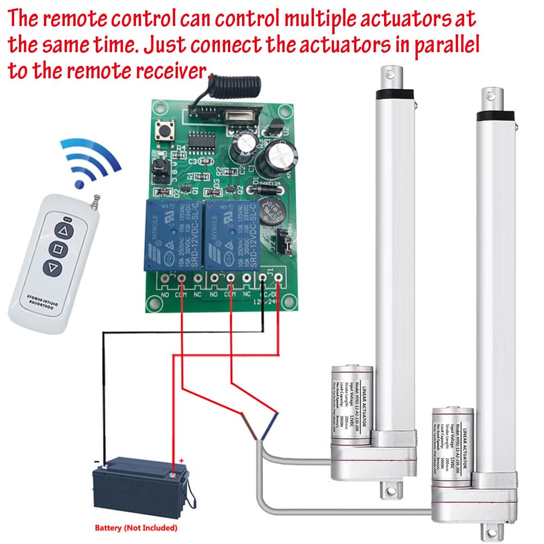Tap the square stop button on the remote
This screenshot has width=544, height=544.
pyautogui.click(x=59, y=250)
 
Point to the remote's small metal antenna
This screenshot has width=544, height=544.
pyautogui.click(x=96, y=202)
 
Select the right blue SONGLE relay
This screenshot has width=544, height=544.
pyautogui.click(x=231, y=234)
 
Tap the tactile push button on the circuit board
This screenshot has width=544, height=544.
pyautogui.click(x=163, y=131)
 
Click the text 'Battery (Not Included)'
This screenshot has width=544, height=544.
pyautogui.click(x=136, y=528)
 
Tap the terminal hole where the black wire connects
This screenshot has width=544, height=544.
pyautogui.click(x=263, y=279)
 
